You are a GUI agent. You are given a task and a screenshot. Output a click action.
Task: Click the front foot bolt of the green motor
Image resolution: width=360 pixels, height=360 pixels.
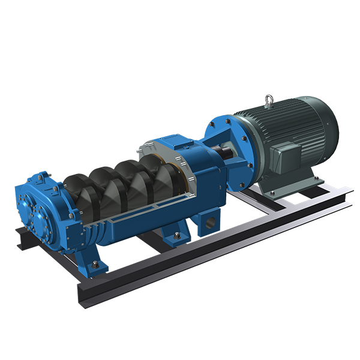coord(274,193)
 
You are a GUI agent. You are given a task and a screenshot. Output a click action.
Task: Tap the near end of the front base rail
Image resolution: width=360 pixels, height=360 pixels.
coord(84,294)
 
